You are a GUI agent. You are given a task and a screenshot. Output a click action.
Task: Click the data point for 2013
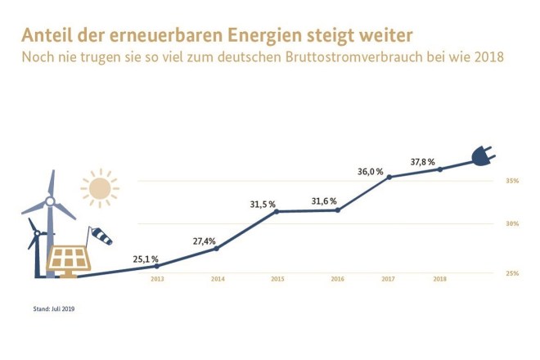(157, 266)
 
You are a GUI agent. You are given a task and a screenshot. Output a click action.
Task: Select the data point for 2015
(277, 212)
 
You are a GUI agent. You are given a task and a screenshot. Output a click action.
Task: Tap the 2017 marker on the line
(389, 177)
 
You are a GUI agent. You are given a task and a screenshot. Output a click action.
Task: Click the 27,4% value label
(204, 241)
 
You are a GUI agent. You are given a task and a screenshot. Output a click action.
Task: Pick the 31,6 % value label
(326, 201)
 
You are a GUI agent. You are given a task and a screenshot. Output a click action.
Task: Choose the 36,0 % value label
(371, 171)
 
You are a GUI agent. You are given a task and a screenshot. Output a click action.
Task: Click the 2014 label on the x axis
(218, 280)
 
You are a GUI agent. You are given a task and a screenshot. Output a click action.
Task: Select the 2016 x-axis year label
(337, 280)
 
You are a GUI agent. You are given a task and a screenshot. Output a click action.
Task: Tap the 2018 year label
(440, 280)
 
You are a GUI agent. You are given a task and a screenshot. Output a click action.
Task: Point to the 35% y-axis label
(512, 180)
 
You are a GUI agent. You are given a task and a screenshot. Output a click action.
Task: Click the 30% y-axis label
(512, 223)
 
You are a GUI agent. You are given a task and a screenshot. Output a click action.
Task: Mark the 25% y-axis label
(512, 272)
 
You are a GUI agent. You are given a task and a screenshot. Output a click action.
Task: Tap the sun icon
(99, 188)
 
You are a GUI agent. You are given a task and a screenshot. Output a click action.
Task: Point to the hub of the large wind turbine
(50, 200)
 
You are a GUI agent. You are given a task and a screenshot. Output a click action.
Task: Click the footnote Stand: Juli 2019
(58, 308)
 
